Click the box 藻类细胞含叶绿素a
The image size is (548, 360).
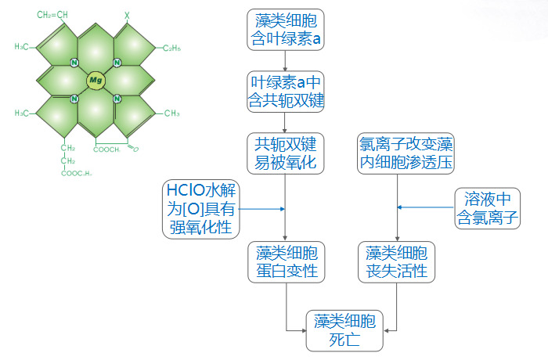coord(285,29)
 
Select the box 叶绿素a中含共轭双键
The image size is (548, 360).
coord(285,91)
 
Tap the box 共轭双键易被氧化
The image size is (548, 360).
coord(285,153)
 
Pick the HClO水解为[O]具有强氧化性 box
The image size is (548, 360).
coord(201,208)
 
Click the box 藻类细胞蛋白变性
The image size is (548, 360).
coord(285,262)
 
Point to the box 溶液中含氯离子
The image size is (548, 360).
coord(488,208)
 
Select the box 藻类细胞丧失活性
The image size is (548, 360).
coord(396,262)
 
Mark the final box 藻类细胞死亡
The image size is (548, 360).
coord(344,330)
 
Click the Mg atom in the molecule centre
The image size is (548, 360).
coord(95,80)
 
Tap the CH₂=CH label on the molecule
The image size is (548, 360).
coord(52,15)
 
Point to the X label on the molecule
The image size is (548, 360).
coord(128,15)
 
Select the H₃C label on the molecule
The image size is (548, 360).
coord(22,47)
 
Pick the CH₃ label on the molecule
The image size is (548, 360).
coord(171,113)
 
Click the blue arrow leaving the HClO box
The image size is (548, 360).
coord(262,209)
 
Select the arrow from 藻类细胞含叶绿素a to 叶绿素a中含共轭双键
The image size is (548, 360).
coord(285,59)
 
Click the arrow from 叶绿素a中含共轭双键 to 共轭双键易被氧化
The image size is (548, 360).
coord(285,122)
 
